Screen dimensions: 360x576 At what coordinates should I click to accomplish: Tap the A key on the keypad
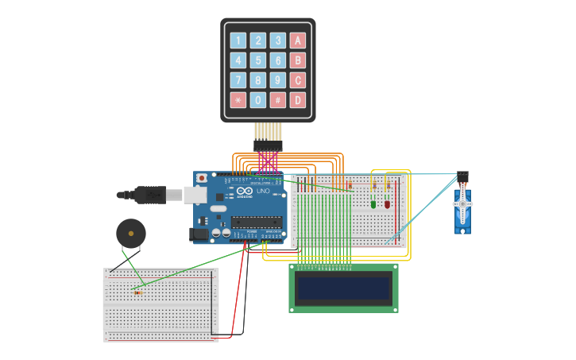coord(297,41)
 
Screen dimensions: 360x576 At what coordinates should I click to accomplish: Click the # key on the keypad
coord(277,100)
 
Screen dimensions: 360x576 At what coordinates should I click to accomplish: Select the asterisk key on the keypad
coord(238,100)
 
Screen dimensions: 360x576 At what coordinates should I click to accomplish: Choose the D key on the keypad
coord(297,100)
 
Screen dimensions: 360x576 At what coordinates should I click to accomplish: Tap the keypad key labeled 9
coord(277,80)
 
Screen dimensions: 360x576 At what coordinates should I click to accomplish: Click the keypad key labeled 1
coord(238,41)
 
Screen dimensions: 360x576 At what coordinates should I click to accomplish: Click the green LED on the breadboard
coord(373,203)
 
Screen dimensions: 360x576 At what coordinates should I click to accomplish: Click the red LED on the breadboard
coord(388,203)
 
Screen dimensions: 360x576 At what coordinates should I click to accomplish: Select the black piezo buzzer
coord(130,233)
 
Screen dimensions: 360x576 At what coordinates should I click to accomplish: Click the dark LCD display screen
coord(344,288)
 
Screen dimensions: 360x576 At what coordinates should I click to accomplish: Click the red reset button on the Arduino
coord(202,178)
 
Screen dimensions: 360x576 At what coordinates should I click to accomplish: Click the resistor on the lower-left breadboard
coord(138,292)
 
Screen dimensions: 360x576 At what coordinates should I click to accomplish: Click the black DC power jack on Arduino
coord(199,234)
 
